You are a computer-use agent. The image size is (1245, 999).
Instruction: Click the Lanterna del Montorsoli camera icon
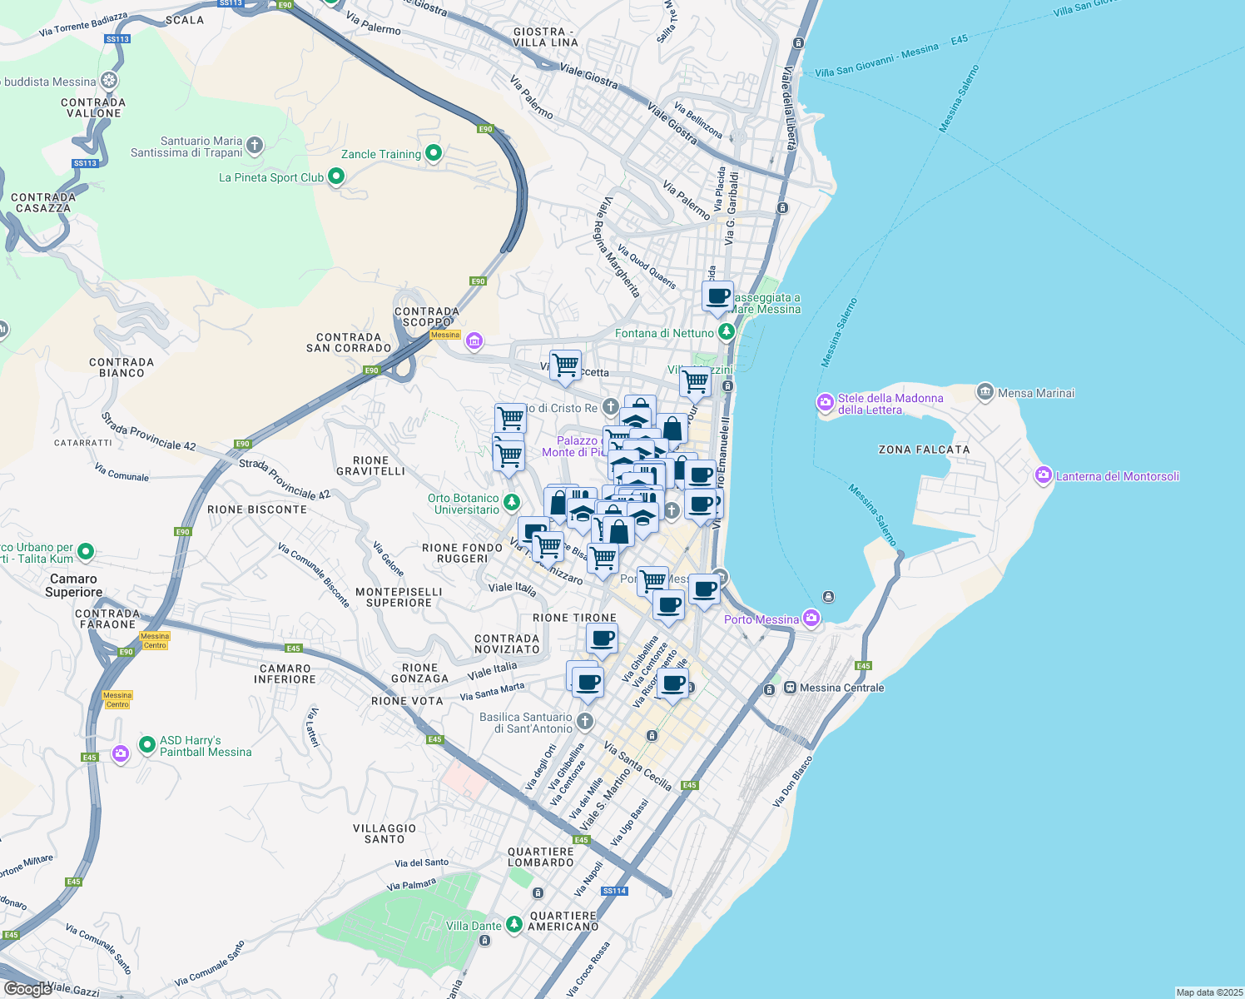1043,476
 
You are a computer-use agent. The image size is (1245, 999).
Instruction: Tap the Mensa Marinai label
1036,393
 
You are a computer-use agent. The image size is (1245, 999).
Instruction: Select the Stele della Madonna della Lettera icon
825,404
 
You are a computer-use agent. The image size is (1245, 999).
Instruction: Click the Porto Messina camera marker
811,619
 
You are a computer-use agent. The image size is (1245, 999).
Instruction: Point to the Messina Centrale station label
841,688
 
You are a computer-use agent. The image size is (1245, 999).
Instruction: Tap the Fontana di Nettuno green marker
727,333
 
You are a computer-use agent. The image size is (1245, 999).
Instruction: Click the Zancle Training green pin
433,153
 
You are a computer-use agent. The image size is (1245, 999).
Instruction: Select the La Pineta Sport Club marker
336,176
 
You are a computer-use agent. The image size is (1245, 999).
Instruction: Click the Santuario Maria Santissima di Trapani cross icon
255,147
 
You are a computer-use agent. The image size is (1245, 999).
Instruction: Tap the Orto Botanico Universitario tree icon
512,502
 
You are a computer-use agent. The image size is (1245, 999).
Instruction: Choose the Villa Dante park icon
514,924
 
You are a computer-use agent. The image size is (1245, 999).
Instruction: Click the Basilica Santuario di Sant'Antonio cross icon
585,721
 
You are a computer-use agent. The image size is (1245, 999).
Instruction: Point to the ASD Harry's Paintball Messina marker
147,744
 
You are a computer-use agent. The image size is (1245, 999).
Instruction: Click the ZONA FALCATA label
924,450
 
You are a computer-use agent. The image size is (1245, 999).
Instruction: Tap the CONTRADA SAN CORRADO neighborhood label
349,343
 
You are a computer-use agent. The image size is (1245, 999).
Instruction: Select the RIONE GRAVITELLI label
370,466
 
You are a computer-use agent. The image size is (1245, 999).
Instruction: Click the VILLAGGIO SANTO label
384,833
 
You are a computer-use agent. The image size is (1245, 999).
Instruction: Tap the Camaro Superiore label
74,585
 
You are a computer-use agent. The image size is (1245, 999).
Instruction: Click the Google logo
27,988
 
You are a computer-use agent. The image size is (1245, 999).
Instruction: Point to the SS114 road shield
614,891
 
